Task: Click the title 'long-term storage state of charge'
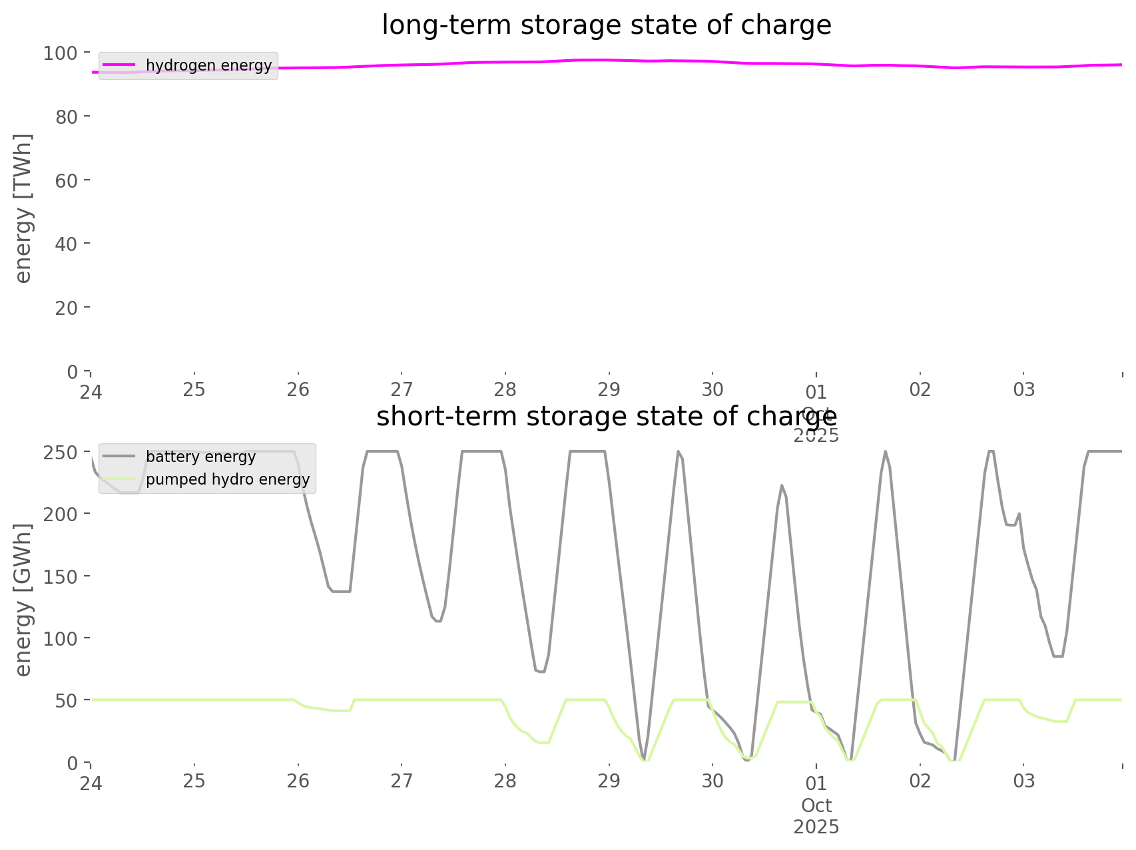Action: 606,25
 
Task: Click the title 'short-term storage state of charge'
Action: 606,417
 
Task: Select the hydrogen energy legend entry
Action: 208,65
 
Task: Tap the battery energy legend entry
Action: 200,457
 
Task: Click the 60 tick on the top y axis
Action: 67,180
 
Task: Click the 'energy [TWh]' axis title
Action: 23,208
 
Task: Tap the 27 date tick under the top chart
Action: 402,389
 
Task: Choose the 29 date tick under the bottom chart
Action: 609,781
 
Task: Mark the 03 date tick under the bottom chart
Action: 1024,781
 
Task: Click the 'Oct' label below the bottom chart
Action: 816,805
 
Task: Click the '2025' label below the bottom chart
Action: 816,827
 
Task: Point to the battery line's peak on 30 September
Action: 782,485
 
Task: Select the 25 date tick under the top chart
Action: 194,389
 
